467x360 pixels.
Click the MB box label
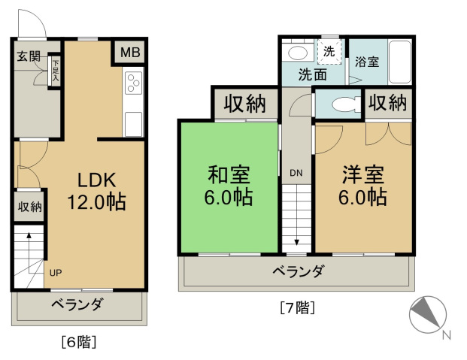[130, 53]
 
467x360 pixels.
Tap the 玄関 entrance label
[29, 56]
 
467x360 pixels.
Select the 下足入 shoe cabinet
[55, 72]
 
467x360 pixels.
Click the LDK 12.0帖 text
[97, 191]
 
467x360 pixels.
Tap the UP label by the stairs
[56, 273]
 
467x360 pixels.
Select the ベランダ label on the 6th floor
[77, 305]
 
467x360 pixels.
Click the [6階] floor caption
[77, 342]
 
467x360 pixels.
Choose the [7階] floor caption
[296, 307]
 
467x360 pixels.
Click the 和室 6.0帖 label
[229, 186]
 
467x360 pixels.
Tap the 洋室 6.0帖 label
[364, 186]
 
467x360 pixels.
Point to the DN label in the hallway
[296, 174]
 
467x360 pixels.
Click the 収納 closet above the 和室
[246, 104]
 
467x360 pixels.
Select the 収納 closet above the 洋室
[388, 101]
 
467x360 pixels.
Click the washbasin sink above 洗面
[298, 53]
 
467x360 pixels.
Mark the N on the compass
[446, 335]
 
